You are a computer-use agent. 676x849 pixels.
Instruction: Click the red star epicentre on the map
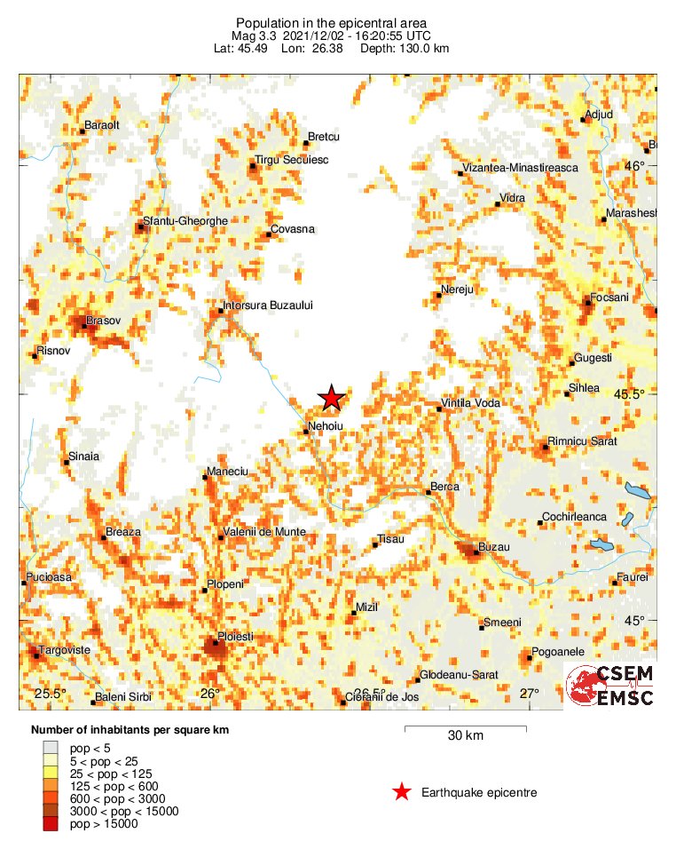coord(331,398)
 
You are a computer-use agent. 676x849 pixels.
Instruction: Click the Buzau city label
coord(494,548)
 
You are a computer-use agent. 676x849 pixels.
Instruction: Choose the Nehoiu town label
coord(326,426)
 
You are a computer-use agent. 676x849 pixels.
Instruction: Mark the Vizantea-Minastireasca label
coord(521,168)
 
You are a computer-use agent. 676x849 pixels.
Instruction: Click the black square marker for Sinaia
coord(67,461)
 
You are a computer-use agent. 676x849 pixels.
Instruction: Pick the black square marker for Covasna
coord(269,234)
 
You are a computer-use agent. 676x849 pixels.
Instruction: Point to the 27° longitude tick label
coord(529,694)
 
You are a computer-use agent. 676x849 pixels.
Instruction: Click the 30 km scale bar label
coord(465,736)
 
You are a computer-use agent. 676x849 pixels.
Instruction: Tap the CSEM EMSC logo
coord(610,686)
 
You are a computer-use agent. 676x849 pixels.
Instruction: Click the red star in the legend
coord(402,792)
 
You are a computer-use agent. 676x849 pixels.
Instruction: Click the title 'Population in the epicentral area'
coord(331,22)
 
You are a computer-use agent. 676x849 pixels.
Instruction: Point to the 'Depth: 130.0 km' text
coord(405,48)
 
